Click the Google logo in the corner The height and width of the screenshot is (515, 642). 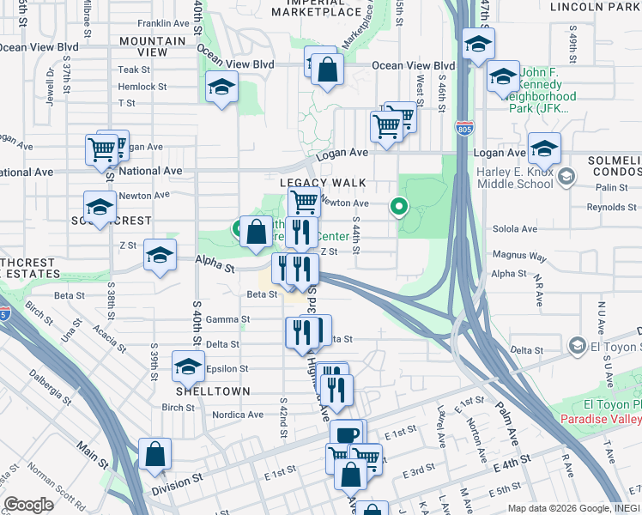click(x=28, y=506)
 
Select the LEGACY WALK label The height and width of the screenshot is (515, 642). click(x=322, y=184)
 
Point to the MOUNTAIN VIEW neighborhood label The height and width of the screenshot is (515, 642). click(x=154, y=46)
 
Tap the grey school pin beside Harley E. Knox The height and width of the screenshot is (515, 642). click(x=566, y=178)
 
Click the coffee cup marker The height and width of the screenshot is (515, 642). click(x=348, y=435)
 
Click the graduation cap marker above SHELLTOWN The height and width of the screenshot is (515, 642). click(x=189, y=367)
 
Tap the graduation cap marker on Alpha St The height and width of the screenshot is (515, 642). click(x=160, y=255)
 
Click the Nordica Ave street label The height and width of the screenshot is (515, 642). click(x=237, y=413)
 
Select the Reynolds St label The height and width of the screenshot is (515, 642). click(x=610, y=208)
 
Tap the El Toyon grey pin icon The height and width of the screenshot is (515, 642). click(x=577, y=346)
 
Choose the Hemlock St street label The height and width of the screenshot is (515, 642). click(x=142, y=87)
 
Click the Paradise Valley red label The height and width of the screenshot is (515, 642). click(x=600, y=419)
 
